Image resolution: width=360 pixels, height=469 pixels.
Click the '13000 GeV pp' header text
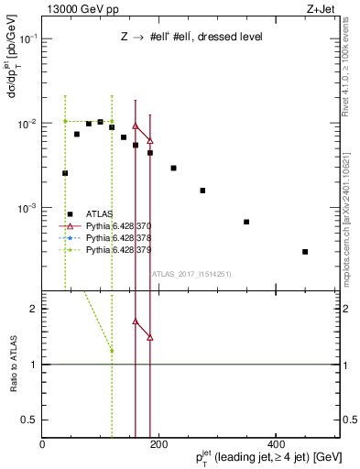click(x=81, y=7)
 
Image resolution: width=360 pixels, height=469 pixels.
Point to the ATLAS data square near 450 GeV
click(x=305, y=251)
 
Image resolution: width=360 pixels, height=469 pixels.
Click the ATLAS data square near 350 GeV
click(x=246, y=222)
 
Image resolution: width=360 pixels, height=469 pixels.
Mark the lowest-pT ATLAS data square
click(x=65, y=172)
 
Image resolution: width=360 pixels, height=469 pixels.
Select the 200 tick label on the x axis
click(x=159, y=445)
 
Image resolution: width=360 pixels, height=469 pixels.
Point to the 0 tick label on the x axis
click(x=43, y=445)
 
